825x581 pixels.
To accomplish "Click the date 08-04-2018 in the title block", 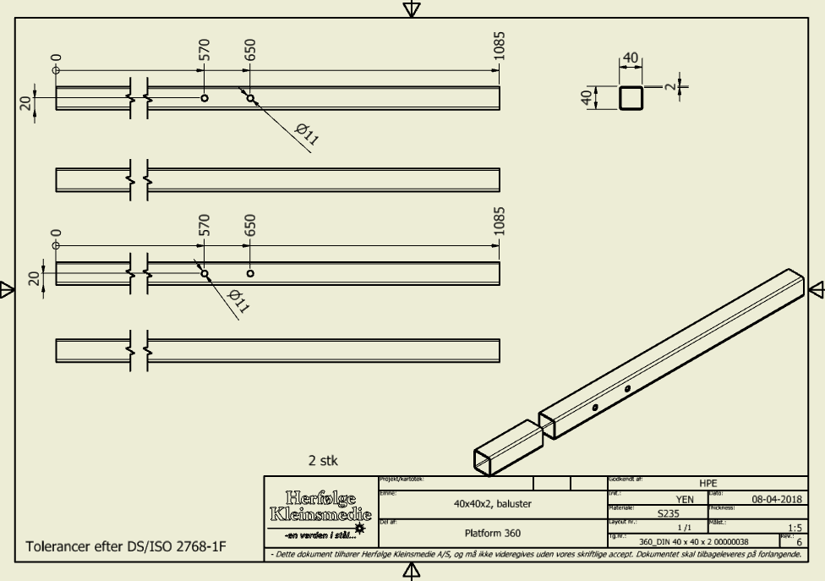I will coord(769,500).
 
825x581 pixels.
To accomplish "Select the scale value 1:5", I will coord(794,527).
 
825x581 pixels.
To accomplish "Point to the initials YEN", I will coord(684,500).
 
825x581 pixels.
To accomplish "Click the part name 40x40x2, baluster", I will coord(492,502).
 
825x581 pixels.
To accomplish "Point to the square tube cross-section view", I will coord(631,98).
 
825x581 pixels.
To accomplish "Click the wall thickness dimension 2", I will coord(672,85).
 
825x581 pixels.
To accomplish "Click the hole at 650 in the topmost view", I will coord(250,98).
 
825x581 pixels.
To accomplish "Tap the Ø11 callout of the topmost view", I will coord(305,134).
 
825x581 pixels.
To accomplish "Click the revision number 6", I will coord(799,541).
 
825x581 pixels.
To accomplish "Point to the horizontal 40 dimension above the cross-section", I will coord(631,58).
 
